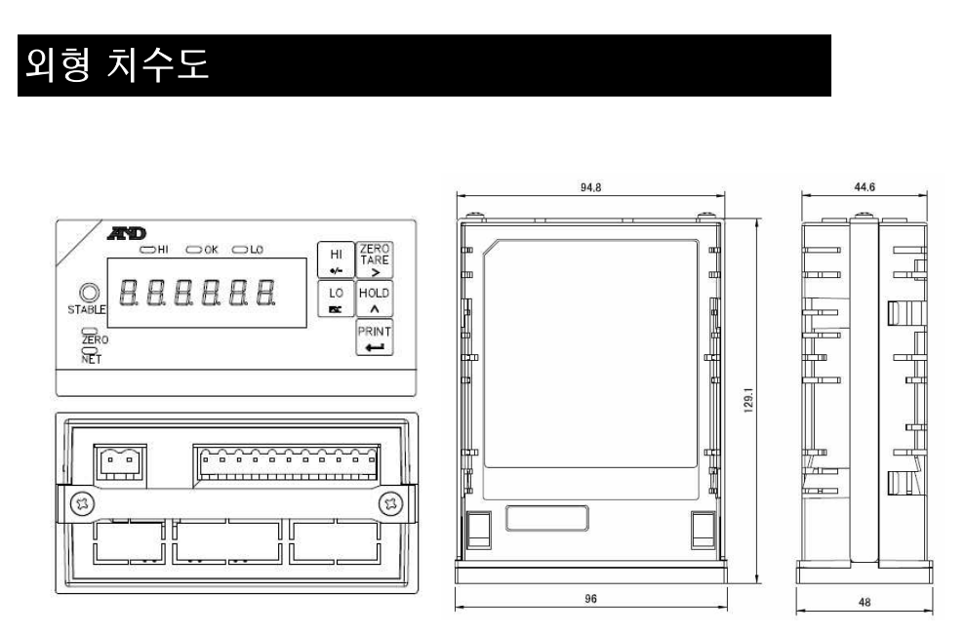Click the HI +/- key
[336, 259]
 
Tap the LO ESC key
[336, 298]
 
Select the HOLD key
[374, 298]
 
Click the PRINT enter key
[374, 337]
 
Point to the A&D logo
[127, 233]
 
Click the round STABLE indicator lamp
[89, 293]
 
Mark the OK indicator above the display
[203, 249]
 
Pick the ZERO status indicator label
[95, 339]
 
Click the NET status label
[91, 359]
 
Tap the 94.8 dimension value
[590, 187]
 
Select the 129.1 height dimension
[748, 400]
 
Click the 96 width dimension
[591, 599]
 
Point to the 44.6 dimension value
[864, 187]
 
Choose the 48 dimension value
[864, 603]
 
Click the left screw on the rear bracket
[82, 504]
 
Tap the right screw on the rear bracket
[391, 504]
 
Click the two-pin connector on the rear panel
[119, 465]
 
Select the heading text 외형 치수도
[117, 64]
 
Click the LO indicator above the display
[248, 249]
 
